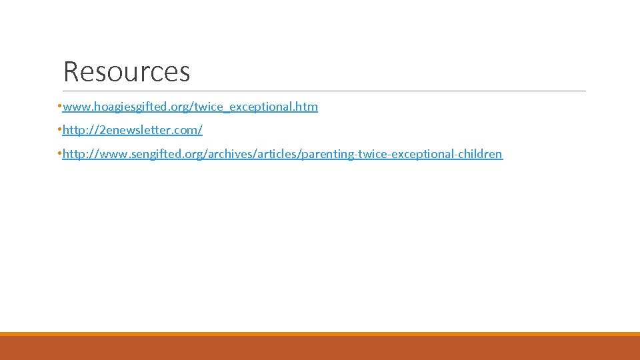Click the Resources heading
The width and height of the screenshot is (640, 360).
(x=127, y=72)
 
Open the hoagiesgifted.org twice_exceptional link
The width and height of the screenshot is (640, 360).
(x=190, y=107)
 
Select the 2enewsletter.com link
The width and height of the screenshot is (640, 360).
(x=132, y=130)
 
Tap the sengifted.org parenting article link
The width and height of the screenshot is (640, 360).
(x=282, y=154)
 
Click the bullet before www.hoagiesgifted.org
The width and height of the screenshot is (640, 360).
(x=59, y=107)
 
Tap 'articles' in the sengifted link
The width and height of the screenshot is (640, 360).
(x=276, y=154)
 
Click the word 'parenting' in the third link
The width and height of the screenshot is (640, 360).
(x=328, y=154)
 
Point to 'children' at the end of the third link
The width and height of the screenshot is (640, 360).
(x=480, y=154)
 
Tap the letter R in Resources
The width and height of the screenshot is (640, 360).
(x=71, y=72)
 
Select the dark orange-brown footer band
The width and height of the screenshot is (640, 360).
(x=320, y=349)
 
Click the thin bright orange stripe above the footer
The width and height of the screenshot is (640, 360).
(x=320, y=334)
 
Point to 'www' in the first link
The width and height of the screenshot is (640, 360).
(x=74, y=107)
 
